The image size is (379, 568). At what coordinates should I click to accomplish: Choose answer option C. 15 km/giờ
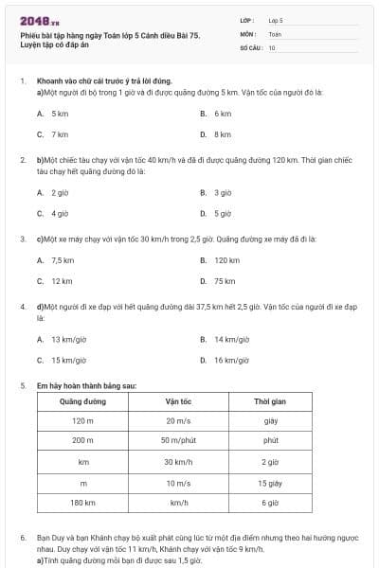[x=62, y=360]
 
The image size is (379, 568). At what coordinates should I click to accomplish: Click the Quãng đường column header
[x=82, y=401]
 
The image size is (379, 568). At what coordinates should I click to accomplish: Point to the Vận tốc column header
[x=178, y=401]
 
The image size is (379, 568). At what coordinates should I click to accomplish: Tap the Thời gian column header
[x=270, y=401]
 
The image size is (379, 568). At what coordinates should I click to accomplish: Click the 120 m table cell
[x=82, y=421]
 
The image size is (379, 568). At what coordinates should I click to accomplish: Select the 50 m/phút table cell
[x=178, y=441]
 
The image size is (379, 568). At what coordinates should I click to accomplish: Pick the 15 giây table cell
[x=270, y=482]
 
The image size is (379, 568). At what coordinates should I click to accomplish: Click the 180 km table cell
[x=82, y=503]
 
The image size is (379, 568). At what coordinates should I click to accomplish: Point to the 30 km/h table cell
[x=178, y=462]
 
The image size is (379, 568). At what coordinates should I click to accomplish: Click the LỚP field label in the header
[x=247, y=19]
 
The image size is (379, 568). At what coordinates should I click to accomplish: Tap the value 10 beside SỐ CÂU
[x=272, y=46]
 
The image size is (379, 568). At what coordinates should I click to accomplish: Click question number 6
[x=23, y=537]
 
